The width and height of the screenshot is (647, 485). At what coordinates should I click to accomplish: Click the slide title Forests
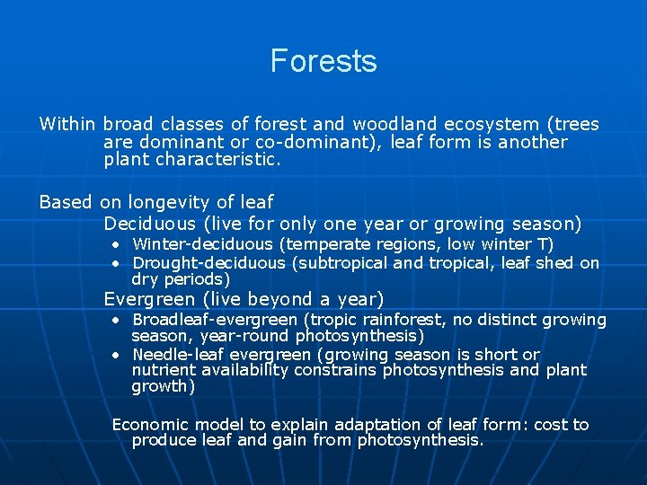click(323, 61)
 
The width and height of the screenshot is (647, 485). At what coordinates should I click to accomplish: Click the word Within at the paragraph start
click(67, 124)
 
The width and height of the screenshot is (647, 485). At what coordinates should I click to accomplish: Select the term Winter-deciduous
click(202, 244)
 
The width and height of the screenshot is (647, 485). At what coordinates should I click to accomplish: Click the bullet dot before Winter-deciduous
click(117, 245)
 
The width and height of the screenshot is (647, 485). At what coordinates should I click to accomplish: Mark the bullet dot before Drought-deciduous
click(117, 263)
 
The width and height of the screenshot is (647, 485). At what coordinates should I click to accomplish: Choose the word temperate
click(330, 244)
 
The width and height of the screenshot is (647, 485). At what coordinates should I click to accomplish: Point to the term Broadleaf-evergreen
click(215, 320)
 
